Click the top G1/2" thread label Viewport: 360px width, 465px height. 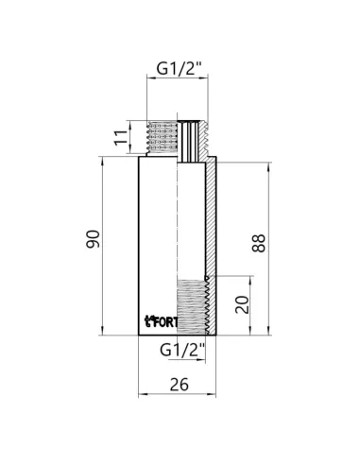coord(179,69)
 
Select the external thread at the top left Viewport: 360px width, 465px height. coord(166,139)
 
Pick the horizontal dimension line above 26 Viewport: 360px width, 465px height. coord(179,396)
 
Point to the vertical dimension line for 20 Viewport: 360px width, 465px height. coord(251,304)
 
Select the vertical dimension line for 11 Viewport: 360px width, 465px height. coord(130,139)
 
